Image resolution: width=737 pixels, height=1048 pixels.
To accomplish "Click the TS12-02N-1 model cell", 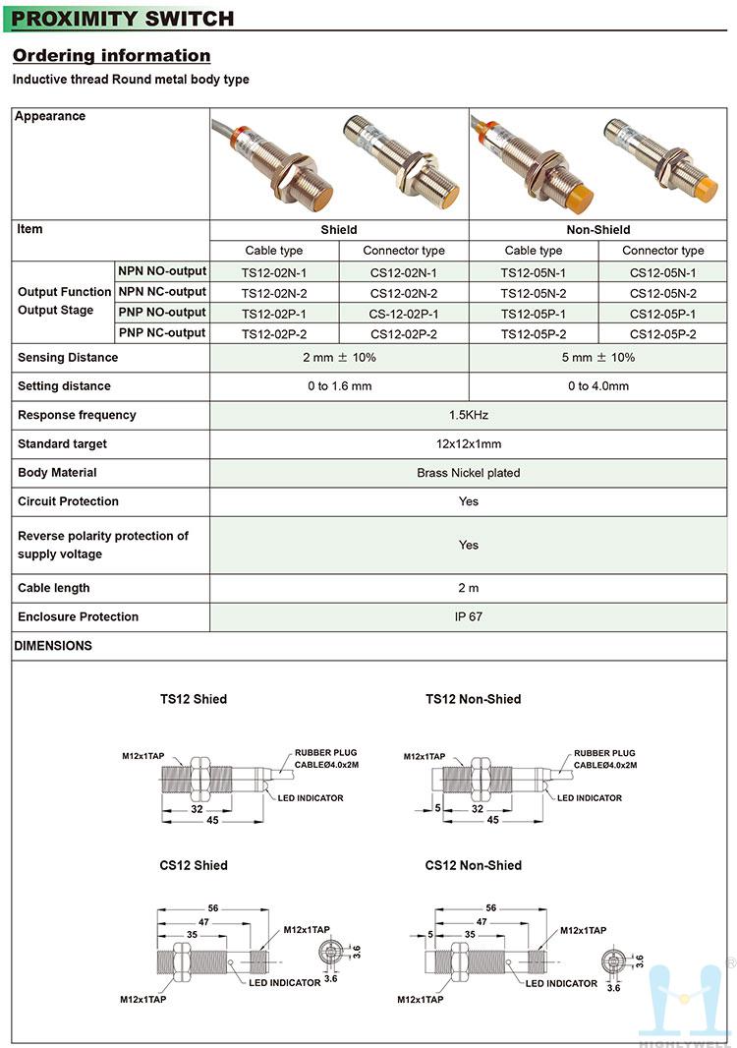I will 274,272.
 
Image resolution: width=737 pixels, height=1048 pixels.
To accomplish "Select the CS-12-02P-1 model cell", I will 404,314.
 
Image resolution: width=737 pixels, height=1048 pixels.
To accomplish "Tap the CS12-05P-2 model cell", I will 663,334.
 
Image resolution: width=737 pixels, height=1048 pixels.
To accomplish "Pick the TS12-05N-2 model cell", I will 534,293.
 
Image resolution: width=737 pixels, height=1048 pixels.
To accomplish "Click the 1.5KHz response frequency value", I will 469,415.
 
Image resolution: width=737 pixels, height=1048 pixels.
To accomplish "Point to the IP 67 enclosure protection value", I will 469,617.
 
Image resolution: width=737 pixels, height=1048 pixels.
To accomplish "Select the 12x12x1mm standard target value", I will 469,444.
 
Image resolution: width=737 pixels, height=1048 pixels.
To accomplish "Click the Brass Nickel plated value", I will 469,473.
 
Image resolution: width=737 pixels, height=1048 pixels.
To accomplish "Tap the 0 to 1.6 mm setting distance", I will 339,386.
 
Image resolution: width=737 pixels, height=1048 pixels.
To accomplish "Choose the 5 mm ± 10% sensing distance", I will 598,358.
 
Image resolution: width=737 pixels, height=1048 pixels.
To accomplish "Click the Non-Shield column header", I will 598,230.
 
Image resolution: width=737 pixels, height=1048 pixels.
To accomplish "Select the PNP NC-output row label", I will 162,333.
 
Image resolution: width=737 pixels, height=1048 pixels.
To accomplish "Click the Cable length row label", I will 54,588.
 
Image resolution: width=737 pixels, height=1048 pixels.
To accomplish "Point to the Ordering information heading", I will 111,56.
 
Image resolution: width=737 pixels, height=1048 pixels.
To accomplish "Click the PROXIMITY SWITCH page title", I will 123,19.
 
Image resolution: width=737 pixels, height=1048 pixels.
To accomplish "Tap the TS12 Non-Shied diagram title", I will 474,699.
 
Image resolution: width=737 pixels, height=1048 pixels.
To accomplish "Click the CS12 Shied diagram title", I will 194,865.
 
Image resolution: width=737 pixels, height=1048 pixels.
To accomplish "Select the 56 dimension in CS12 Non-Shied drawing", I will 491,908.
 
